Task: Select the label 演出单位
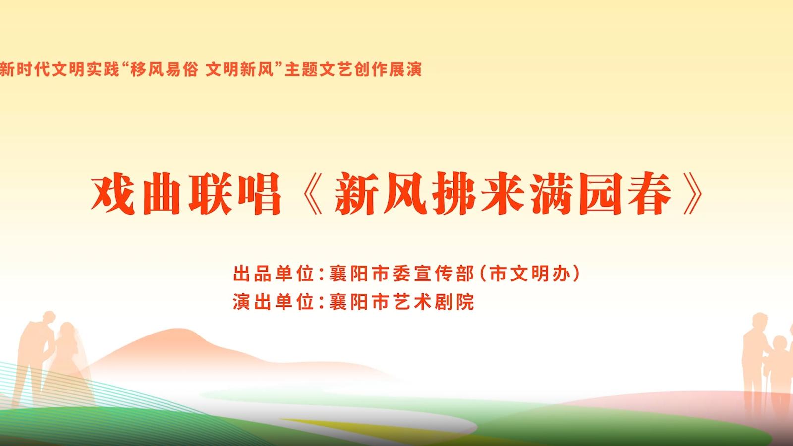(273, 302)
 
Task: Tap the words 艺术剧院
(433, 302)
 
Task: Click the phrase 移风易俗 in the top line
(164, 69)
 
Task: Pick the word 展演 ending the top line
(405, 69)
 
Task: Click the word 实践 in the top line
(103, 69)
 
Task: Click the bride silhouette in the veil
(67, 365)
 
